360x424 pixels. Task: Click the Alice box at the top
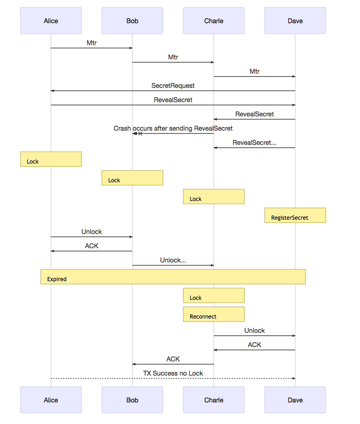click(x=51, y=21)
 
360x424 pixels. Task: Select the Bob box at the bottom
click(x=132, y=400)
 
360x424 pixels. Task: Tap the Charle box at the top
click(x=214, y=21)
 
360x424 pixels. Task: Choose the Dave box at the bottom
click(x=295, y=400)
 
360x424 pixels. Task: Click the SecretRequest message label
click(x=173, y=86)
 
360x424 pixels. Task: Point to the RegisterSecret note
click(x=295, y=215)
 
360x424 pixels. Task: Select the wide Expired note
click(x=173, y=277)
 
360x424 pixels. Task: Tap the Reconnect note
click(x=214, y=314)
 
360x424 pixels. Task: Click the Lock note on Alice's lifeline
click(x=51, y=159)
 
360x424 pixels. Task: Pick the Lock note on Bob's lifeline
click(x=132, y=178)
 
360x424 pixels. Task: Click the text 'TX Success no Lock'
click(x=173, y=373)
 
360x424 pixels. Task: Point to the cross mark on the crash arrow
click(x=140, y=133)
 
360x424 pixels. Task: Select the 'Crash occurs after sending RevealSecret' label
click(x=173, y=128)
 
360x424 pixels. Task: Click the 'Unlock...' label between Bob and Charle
click(x=173, y=260)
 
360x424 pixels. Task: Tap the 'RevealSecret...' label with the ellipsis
click(x=255, y=142)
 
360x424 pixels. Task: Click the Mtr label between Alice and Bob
click(x=92, y=43)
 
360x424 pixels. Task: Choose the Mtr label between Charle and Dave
click(x=255, y=71)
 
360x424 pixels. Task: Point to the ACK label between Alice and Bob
click(x=92, y=246)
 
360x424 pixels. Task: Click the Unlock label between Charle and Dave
click(x=255, y=330)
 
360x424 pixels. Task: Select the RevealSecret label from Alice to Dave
click(x=173, y=100)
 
